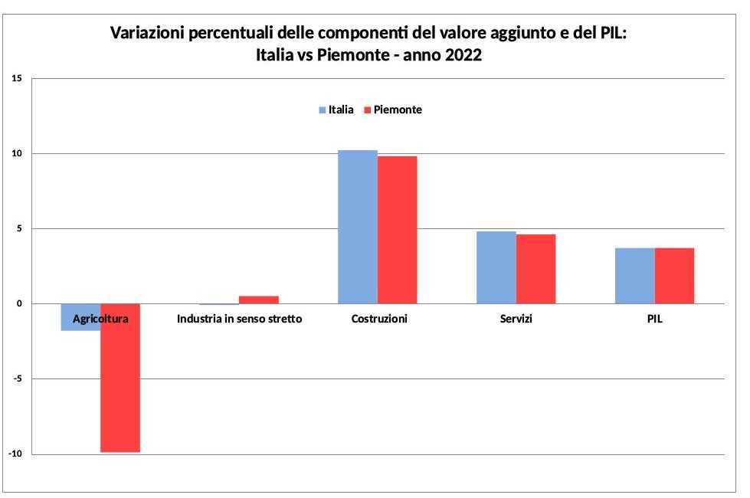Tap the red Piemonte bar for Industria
(259, 300)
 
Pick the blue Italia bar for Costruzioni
(358, 227)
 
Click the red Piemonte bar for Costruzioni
(397, 230)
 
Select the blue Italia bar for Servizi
(496, 267)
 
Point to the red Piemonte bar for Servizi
(535, 269)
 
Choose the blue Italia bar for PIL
(634, 276)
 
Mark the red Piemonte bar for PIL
(674, 276)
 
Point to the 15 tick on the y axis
(17, 79)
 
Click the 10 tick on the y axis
(17, 154)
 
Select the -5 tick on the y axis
(17, 379)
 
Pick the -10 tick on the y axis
(15, 454)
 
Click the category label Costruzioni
(379, 319)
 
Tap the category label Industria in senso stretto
(239, 319)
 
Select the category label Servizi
(515, 319)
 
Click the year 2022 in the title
(461, 55)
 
